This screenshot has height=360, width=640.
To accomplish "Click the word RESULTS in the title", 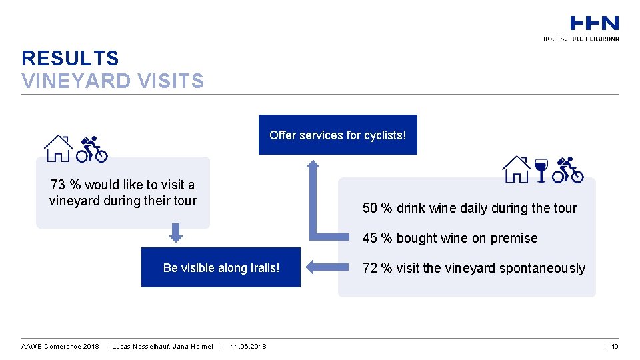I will click(x=70, y=59).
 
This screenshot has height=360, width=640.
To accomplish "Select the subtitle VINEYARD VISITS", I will click(x=113, y=81).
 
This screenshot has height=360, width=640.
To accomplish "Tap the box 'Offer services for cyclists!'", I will click(x=337, y=135).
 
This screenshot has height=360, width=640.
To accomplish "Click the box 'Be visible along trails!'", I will click(x=221, y=268).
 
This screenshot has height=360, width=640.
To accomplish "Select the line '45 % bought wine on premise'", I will click(x=449, y=238).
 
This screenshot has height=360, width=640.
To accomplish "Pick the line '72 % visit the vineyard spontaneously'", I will click(x=473, y=268).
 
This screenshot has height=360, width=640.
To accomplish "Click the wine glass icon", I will click(x=541, y=169).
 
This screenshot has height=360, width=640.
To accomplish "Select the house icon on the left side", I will click(x=58, y=148).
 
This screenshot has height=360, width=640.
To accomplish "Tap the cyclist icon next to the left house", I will click(x=91, y=149).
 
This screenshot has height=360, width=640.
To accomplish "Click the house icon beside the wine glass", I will click(x=517, y=169).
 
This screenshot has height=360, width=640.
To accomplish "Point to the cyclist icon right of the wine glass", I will click(x=568, y=169).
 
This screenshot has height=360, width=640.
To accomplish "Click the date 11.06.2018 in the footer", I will click(x=248, y=346).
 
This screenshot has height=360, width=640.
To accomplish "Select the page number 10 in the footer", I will click(x=615, y=346).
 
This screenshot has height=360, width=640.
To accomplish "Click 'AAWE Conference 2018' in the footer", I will click(x=60, y=346).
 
